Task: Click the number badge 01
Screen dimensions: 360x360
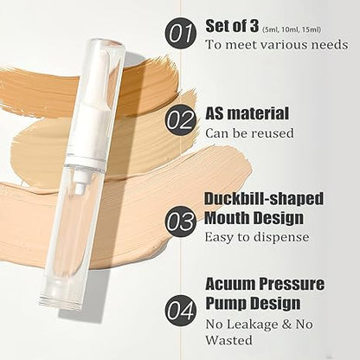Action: coord(181,34)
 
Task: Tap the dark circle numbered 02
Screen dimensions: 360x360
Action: coord(181,121)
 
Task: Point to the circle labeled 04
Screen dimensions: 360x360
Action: coord(181,309)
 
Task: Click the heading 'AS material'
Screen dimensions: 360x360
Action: coord(247,112)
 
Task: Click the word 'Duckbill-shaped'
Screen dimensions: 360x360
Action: coord(264,199)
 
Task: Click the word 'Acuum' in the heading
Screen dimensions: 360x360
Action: coord(228,284)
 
